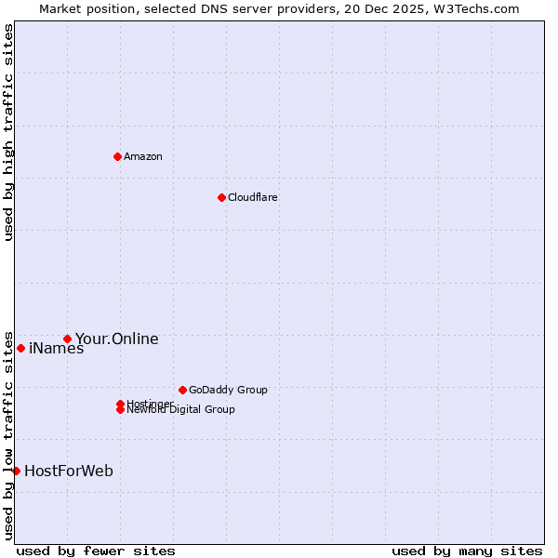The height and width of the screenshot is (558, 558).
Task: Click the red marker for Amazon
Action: (117, 156)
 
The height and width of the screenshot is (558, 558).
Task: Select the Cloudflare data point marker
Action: (221, 197)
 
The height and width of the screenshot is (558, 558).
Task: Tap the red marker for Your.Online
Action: (67, 339)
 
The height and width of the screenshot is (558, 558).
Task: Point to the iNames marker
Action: (20, 348)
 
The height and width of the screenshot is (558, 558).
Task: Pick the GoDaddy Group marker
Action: (182, 390)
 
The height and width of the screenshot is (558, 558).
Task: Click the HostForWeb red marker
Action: (16, 471)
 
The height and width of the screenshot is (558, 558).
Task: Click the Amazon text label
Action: (143, 156)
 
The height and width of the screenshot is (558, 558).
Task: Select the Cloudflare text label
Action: (252, 197)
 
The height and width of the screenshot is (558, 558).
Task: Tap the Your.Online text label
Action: (116, 339)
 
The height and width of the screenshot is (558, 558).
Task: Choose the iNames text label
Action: (56, 349)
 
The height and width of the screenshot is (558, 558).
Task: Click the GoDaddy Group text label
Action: (227, 390)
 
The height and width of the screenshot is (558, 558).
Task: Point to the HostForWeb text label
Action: (69, 471)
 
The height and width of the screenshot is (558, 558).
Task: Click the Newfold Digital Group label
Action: (180, 410)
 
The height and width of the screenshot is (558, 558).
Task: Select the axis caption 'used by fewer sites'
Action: (96, 551)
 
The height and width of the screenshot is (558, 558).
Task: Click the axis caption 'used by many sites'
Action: (467, 551)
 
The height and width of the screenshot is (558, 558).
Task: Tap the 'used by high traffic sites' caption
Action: (9, 132)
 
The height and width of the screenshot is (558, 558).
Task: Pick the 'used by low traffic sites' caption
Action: (9, 434)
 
